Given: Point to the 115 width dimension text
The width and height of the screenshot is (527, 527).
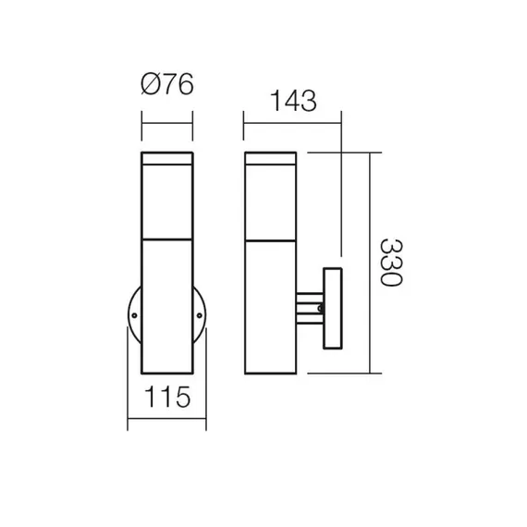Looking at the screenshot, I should coord(166,399).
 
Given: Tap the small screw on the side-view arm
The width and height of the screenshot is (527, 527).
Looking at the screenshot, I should coord(320,309).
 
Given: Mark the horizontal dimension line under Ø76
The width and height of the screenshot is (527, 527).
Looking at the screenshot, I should coord(166,115).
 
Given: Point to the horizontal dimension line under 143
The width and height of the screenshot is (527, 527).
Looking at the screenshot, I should coord(292,115).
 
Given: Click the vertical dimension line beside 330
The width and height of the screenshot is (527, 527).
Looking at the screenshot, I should coord(371,263).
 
